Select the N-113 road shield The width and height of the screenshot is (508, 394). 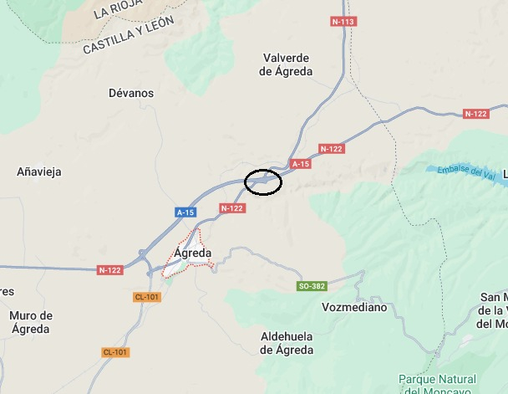point(343,22)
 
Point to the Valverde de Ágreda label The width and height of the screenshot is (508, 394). point(287,64)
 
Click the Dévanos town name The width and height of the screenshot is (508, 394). point(131,94)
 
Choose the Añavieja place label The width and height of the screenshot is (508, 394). point(39,171)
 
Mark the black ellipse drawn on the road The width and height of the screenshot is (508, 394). point(262,182)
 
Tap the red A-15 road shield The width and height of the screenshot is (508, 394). point(300,164)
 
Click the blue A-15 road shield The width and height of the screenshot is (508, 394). point(185,212)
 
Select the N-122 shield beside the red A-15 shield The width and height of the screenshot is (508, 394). point(332,149)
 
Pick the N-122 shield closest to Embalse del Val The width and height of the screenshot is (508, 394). point(475,114)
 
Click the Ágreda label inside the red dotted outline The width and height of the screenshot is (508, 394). point(192,253)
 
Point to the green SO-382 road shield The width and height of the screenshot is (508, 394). point(311,286)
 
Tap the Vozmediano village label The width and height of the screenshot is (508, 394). point(354,307)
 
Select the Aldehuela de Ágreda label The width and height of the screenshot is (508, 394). point(287,343)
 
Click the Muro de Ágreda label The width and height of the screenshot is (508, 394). point(31,322)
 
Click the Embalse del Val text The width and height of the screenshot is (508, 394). point(461,171)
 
